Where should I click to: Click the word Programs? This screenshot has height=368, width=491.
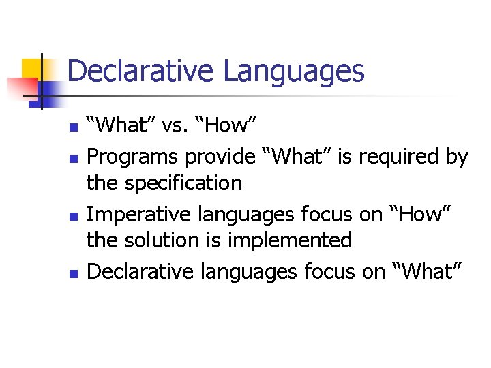132,157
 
